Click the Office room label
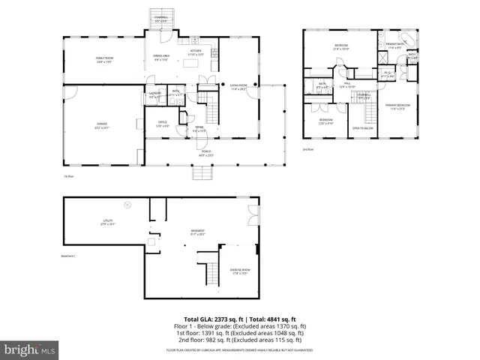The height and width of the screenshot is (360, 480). point(162,124)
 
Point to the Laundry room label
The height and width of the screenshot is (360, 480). point(154,94)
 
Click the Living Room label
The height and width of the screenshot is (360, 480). point(238,87)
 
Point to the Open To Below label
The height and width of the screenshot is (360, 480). point(363,127)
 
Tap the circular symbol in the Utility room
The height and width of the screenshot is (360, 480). point(127,204)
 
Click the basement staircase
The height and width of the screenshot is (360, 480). point(202,272)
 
